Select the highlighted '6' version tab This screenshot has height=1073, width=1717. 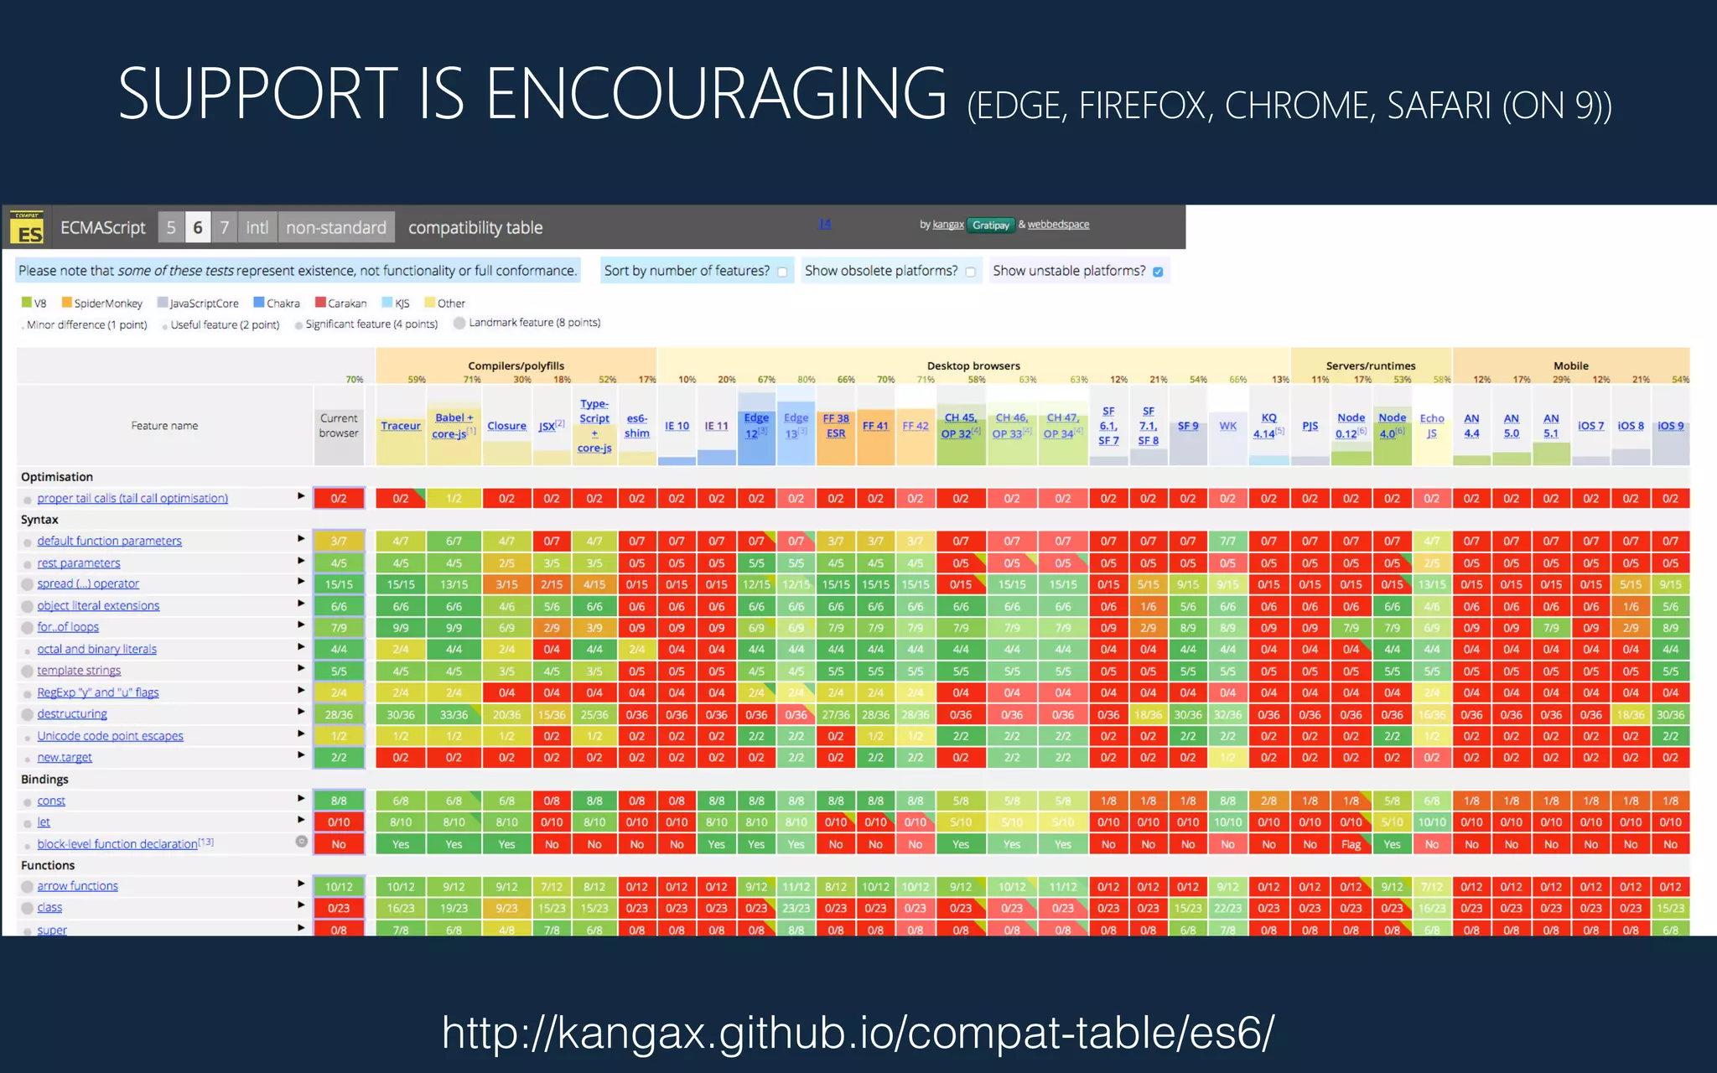click(x=198, y=227)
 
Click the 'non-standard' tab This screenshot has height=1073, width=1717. click(x=336, y=227)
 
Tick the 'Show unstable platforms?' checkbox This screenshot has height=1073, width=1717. click(x=1158, y=272)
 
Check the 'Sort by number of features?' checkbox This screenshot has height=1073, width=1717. click(x=782, y=272)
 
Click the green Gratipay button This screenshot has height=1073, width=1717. click(x=991, y=225)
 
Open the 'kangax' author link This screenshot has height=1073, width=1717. click(x=948, y=225)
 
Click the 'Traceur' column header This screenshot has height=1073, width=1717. click(x=401, y=426)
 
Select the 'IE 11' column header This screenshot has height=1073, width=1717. click(x=716, y=426)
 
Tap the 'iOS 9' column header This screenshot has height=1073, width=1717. click(x=1670, y=426)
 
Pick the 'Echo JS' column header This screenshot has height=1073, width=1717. click(x=1432, y=426)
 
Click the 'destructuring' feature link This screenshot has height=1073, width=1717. click(x=72, y=714)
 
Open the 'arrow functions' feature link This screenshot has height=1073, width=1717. click(x=77, y=886)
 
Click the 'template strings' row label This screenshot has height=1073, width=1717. click(x=79, y=671)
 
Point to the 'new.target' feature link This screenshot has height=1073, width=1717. click(x=65, y=758)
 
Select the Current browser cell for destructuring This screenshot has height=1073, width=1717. click(x=339, y=715)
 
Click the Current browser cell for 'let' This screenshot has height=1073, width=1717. click(x=339, y=822)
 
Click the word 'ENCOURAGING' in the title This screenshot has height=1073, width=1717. click(x=716, y=94)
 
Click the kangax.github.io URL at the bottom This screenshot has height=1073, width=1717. click(x=858, y=1032)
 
